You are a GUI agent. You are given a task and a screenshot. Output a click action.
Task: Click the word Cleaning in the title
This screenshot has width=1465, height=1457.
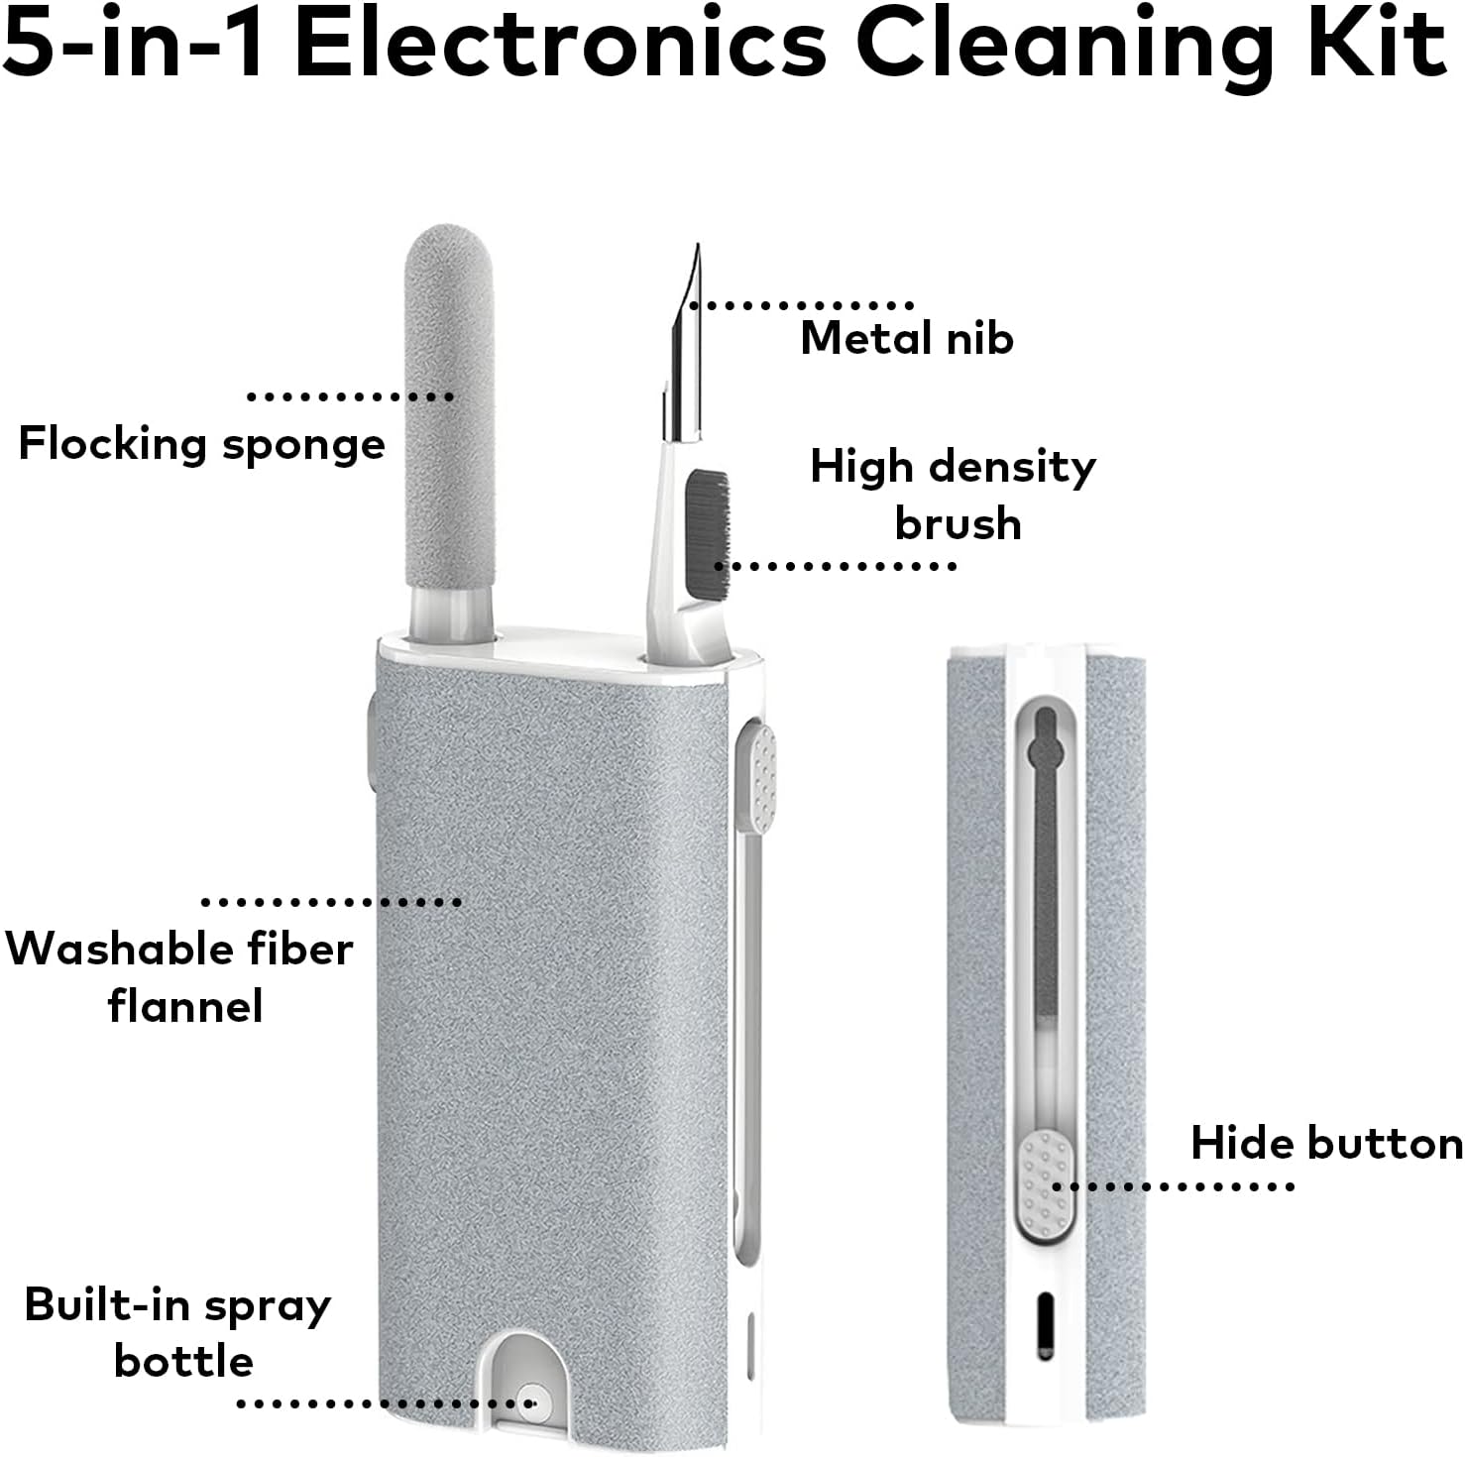[x=1066, y=45]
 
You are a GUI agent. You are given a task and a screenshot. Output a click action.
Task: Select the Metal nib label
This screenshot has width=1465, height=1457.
[x=907, y=339]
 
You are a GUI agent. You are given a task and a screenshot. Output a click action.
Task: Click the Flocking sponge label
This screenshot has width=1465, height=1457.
[x=202, y=444]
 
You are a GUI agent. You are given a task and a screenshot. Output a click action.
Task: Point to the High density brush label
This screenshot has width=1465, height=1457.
[x=954, y=495]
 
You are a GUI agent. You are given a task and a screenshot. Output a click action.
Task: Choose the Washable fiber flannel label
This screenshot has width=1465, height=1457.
[x=180, y=977]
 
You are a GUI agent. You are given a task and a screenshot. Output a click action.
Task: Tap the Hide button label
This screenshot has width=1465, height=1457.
[x=1326, y=1144]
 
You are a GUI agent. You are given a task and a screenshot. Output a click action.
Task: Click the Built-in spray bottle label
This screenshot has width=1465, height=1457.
[x=178, y=1333]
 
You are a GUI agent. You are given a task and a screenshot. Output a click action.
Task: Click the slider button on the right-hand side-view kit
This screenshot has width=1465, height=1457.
[x=1045, y=1185]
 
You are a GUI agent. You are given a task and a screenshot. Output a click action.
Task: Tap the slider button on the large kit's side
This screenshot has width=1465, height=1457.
[x=756, y=777]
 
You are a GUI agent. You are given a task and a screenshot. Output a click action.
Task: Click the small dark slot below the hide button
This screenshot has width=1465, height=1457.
[x=1045, y=1325]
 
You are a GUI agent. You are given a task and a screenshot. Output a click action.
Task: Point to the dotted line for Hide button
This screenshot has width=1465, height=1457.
[x=1174, y=1186]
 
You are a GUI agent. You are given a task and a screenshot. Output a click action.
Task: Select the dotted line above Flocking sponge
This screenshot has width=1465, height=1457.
[x=350, y=396]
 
